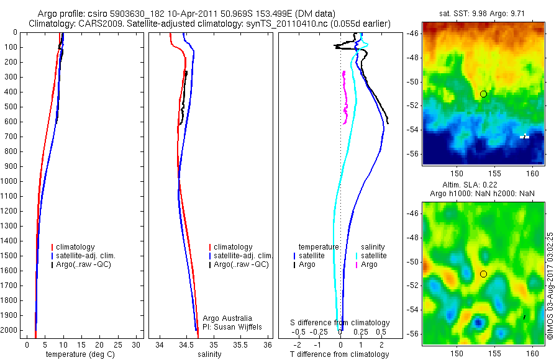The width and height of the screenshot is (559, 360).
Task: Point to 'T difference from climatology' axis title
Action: point(339,354)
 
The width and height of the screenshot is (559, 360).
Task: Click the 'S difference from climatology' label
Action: point(340,323)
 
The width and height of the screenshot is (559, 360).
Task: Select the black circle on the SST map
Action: point(483,94)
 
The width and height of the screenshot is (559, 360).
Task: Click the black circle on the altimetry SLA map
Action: point(483,274)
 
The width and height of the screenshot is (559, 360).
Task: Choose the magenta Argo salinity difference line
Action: point(344,93)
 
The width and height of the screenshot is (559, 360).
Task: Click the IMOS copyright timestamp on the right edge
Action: point(550,286)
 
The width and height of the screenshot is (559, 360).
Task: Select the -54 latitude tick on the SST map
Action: point(413,130)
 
